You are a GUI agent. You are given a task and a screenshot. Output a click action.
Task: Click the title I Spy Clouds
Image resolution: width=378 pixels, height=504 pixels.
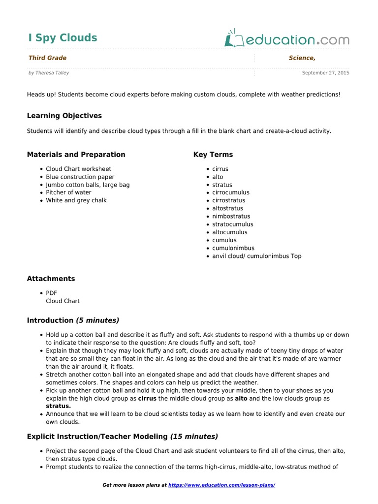(63, 38)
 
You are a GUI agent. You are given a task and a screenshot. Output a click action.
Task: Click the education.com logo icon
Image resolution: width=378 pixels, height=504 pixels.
(232, 39)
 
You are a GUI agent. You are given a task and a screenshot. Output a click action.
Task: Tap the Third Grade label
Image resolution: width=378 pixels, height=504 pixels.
(47, 58)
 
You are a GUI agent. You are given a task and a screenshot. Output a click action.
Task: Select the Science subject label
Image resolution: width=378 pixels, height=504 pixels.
(302, 58)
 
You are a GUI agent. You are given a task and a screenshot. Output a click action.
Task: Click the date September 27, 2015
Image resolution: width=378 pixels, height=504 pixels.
(325, 73)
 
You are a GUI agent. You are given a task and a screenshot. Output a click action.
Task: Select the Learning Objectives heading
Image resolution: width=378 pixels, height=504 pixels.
(64, 116)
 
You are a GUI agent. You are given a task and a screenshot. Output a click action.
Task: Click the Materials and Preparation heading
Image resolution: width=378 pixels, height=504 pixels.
(76, 155)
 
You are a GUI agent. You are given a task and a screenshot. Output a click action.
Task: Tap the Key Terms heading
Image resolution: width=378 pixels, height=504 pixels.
(213, 155)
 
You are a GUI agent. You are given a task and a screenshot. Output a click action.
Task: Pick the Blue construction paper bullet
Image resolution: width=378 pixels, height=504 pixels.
(80, 177)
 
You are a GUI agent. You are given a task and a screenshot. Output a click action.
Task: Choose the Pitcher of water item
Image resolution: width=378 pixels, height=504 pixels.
(68, 192)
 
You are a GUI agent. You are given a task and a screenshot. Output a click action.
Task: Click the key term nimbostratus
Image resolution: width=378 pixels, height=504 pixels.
(231, 216)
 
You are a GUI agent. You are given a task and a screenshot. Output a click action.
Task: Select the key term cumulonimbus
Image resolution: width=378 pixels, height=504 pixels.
(233, 248)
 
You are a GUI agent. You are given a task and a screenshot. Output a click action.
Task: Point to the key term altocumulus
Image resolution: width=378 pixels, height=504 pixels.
(230, 232)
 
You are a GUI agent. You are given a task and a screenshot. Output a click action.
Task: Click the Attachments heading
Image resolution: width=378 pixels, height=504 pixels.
(51, 279)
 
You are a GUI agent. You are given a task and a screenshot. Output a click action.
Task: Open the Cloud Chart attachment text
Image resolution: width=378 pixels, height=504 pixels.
(63, 301)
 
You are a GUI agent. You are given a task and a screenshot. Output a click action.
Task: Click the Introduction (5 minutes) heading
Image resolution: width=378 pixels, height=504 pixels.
(73, 320)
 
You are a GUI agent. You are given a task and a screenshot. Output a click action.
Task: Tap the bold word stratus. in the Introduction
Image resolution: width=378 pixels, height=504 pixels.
(59, 406)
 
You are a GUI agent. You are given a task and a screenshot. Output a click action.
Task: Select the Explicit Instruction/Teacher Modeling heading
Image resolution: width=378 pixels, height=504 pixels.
(122, 437)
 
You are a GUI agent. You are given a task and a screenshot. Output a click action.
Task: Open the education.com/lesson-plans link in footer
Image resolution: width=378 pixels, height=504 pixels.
(221, 485)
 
